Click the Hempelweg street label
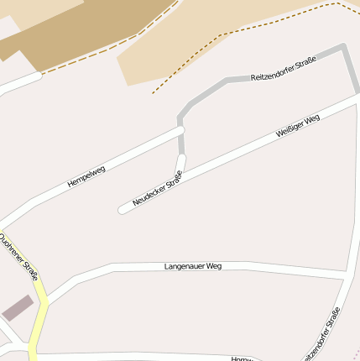tap(86, 176)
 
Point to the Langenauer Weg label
tap(193, 266)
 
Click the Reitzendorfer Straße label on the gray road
tap(283, 70)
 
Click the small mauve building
tap(18, 307)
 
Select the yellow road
tap(39, 319)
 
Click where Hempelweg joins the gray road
tap(180, 130)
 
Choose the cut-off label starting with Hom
tap(242, 358)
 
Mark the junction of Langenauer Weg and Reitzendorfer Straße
tap(346, 275)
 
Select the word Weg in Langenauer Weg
tap(213, 266)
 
